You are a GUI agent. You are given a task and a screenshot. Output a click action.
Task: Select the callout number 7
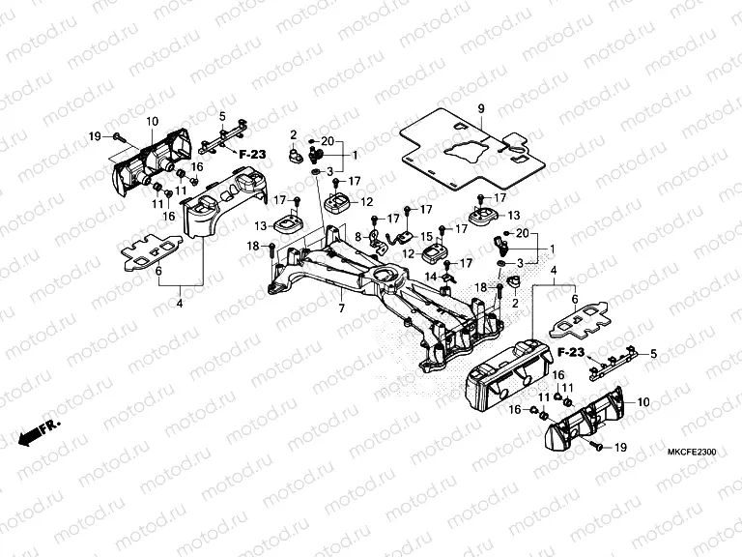(x=340, y=308)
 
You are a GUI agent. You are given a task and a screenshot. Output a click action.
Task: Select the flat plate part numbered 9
(x=464, y=150)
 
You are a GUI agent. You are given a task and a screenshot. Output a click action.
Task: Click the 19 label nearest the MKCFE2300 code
(x=620, y=448)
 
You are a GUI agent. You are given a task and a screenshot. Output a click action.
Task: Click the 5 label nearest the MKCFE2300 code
(x=652, y=355)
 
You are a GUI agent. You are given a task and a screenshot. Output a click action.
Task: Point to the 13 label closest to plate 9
(x=514, y=215)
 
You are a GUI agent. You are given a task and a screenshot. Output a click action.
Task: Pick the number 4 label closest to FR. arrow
(x=179, y=304)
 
